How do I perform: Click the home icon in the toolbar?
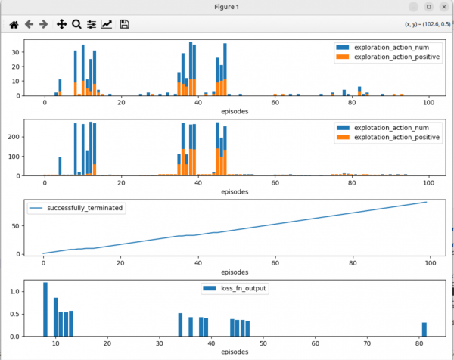click(14, 25)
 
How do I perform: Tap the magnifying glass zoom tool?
click(76, 24)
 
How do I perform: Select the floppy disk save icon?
click(125, 24)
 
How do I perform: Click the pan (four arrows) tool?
click(62, 24)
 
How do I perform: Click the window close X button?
click(444, 7)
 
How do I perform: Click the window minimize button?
click(413, 7)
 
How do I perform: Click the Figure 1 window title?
click(227, 7)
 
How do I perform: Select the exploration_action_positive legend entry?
click(388, 57)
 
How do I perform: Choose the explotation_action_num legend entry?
click(382, 128)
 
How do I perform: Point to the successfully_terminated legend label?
click(85, 208)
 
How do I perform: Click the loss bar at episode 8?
click(45, 309)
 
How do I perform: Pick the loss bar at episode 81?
click(424, 329)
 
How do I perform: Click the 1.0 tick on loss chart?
click(14, 291)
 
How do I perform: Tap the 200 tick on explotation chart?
click(14, 137)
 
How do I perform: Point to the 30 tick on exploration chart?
click(16, 52)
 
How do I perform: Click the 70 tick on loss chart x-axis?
click(367, 343)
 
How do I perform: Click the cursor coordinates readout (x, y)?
click(428, 24)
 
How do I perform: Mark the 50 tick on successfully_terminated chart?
click(16, 226)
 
